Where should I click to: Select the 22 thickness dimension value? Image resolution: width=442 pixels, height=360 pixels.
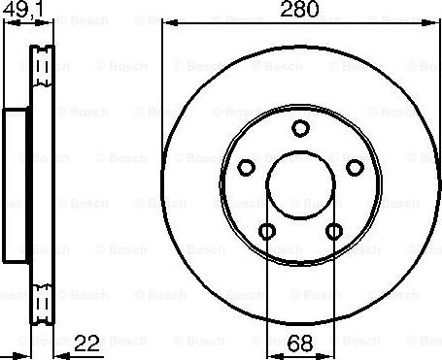(87, 343)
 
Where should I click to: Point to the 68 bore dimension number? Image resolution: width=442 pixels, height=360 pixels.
(300, 343)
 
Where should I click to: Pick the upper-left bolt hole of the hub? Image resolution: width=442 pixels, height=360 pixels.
(246, 165)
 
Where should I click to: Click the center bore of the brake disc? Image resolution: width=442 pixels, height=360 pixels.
(300, 184)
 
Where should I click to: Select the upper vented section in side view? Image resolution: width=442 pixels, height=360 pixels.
(41, 73)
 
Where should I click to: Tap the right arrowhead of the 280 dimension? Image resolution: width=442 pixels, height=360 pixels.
(435, 21)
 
